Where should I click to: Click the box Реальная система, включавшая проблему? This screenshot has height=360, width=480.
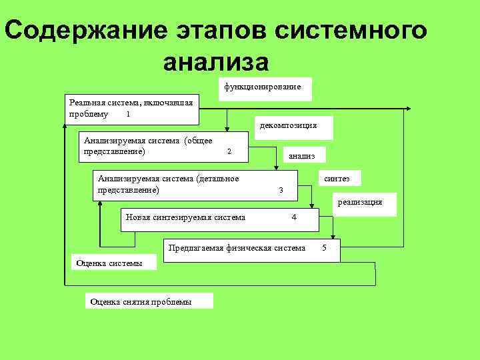pos(132,108)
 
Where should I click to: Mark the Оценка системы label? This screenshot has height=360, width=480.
pos(109,263)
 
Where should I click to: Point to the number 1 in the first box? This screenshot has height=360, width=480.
pos(128,114)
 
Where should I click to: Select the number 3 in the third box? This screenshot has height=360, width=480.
pos(281,191)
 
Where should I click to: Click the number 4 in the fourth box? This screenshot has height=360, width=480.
pos(294,217)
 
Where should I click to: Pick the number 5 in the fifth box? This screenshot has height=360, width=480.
pos(324,249)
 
